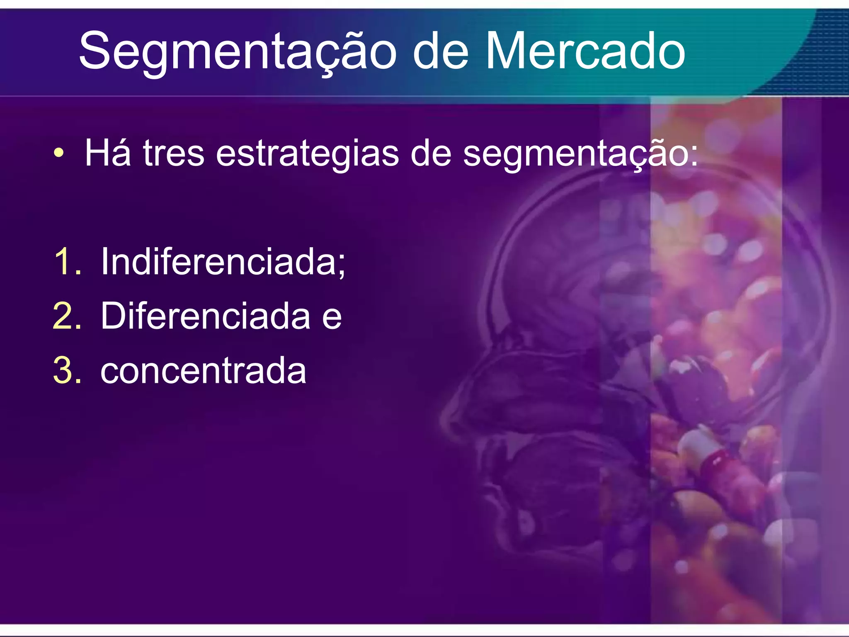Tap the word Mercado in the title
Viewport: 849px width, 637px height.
pyautogui.click(x=585, y=52)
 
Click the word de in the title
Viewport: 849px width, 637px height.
pyautogui.click(x=440, y=52)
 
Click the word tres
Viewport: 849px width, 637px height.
pyautogui.click(x=173, y=153)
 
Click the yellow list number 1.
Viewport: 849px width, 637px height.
pyautogui.click(x=66, y=261)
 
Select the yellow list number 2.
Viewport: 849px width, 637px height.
pyautogui.click(x=66, y=316)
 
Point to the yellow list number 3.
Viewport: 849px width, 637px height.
pyautogui.click(x=66, y=370)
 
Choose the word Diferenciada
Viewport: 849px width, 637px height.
pyautogui.click(x=205, y=316)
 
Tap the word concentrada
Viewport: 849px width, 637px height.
pyautogui.click(x=203, y=371)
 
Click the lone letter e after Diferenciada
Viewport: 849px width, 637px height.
pyautogui.click(x=332, y=318)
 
